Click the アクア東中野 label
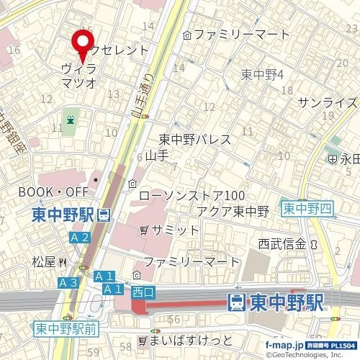(233, 211)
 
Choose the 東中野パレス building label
(194, 140)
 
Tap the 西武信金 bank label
(279, 244)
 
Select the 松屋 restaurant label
(45, 262)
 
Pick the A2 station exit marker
(80, 237)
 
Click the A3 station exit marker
(68, 282)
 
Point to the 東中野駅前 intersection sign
(66, 329)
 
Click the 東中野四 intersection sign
(307, 209)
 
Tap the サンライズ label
(327, 102)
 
